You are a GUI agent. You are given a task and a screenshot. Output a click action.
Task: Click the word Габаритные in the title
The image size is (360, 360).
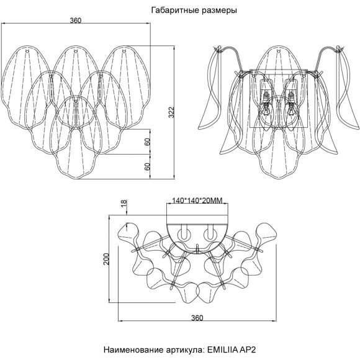coord(175,11)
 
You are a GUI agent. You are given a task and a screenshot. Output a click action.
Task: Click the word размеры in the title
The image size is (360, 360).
coord(220,11)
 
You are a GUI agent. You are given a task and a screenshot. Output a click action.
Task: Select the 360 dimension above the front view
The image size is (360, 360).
coord(76,20)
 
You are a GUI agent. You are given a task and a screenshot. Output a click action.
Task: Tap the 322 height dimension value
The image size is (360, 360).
coord(171,112)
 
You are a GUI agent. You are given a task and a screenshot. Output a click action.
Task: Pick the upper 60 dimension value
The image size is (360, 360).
coord(147,142)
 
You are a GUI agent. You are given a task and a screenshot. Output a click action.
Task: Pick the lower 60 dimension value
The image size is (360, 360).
coord(147,166)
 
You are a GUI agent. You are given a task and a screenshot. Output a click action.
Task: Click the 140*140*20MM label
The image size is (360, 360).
coord(197,200)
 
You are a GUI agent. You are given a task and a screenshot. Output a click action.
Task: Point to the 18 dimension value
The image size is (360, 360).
coord(124,204)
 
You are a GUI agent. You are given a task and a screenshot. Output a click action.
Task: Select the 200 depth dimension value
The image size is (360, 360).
coord(106,259)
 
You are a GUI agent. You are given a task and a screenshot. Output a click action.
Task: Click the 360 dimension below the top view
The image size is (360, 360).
coord(197,318)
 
